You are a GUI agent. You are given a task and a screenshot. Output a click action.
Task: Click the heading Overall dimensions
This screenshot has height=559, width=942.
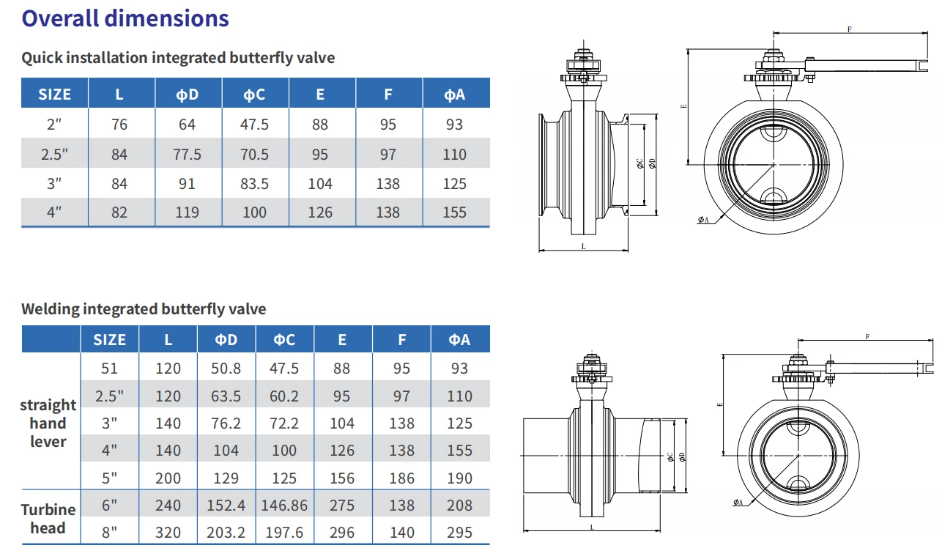click(125, 18)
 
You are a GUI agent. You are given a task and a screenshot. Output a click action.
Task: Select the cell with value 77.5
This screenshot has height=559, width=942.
click(188, 154)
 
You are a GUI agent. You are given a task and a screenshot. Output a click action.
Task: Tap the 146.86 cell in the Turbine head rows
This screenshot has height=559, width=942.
click(284, 505)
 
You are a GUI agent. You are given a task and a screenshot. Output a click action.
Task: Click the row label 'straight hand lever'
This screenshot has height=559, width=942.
click(48, 423)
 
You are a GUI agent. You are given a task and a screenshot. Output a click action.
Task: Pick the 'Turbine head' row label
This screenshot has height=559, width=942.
click(48, 518)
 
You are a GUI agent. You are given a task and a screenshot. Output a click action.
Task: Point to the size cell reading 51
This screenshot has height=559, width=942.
click(109, 369)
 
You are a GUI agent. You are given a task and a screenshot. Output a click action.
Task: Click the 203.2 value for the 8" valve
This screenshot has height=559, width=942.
click(226, 532)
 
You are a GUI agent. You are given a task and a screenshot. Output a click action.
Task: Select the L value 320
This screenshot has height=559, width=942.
click(168, 532)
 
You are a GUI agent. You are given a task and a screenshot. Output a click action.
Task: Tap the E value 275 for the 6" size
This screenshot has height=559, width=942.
click(342, 505)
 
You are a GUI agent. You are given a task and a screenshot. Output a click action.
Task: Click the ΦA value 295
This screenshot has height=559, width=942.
click(459, 532)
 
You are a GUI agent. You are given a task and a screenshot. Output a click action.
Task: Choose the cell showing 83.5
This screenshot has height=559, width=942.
click(254, 183)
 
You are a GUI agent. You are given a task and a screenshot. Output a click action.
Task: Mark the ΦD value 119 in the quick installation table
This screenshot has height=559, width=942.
click(188, 212)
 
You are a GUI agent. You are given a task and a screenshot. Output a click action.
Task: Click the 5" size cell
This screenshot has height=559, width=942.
click(109, 478)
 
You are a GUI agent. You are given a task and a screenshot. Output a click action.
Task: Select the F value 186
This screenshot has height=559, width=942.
click(401, 478)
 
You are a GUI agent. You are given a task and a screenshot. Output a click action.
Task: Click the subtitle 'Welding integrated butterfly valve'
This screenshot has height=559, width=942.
click(144, 309)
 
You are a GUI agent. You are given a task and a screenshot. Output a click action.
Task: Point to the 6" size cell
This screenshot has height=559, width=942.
click(109, 505)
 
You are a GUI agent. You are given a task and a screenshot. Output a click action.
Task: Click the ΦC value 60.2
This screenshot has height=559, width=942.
click(284, 396)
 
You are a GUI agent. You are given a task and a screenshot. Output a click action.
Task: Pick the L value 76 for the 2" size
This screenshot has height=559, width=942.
click(119, 125)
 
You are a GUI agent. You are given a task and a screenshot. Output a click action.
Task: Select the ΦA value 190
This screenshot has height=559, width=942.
click(459, 478)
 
